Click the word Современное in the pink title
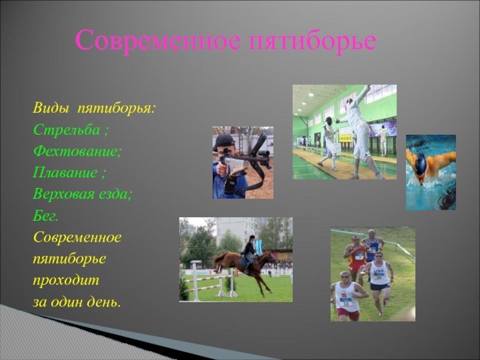pyautogui.click(x=158, y=40)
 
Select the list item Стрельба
pyautogui.click(x=67, y=130)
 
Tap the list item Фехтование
pyautogui.click(x=77, y=151)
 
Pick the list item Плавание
pyautogui.click(x=65, y=172)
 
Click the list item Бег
pyautogui.click(x=46, y=216)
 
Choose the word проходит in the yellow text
pyautogui.click(x=66, y=280)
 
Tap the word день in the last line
pyautogui.click(x=104, y=302)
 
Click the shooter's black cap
pyautogui.click(x=224, y=141)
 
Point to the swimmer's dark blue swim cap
pyautogui.click(x=421, y=163)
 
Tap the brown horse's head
pyautogui.click(x=271, y=258)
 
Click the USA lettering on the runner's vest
pyautogui.click(x=379, y=271)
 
